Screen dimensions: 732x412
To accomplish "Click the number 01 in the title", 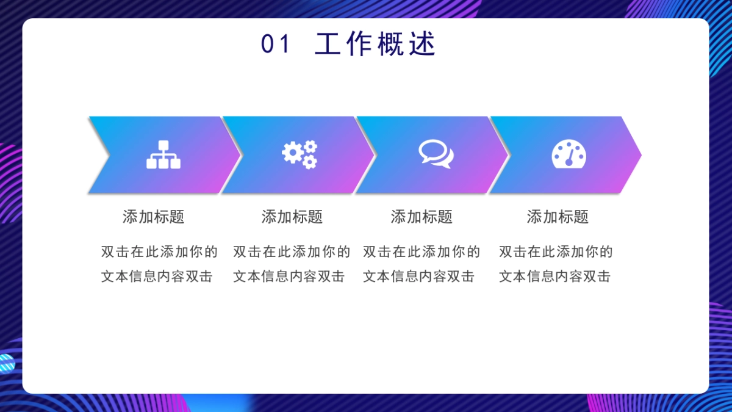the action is [x=275, y=44].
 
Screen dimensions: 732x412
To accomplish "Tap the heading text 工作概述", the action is [x=375, y=44].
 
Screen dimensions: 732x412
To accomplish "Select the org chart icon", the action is [x=163, y=154].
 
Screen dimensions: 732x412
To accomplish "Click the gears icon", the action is [x=300, y=154].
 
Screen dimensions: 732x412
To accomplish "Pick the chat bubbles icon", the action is [x=436, y=154].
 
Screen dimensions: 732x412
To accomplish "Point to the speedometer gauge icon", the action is [x=569, y=154].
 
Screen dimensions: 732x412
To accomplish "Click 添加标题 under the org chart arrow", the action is [x=154, y=217].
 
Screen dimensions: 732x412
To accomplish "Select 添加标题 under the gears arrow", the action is [x=292, y=217].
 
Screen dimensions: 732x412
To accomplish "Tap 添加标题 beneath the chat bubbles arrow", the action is [x=422, y=217].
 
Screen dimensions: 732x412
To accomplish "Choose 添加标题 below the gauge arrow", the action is [x=558, y=217].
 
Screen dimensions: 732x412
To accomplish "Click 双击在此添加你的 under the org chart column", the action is [x=159, y=251].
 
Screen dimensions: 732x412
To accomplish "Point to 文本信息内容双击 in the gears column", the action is [x=289, y=276].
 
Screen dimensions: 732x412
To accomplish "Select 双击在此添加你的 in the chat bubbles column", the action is [x=422, y=251].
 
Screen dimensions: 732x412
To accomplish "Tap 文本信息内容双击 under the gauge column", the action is [x=554, y=276].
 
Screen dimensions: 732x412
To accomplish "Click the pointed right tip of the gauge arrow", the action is [x=641, y=154].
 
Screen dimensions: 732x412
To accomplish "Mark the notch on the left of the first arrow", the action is [x=109, y=154].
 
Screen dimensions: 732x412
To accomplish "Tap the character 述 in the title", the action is [x=423, y=44].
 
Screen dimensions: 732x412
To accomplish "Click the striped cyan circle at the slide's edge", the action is [x=7, y=364].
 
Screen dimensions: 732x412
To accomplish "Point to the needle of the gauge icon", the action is [x=570, y=156].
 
